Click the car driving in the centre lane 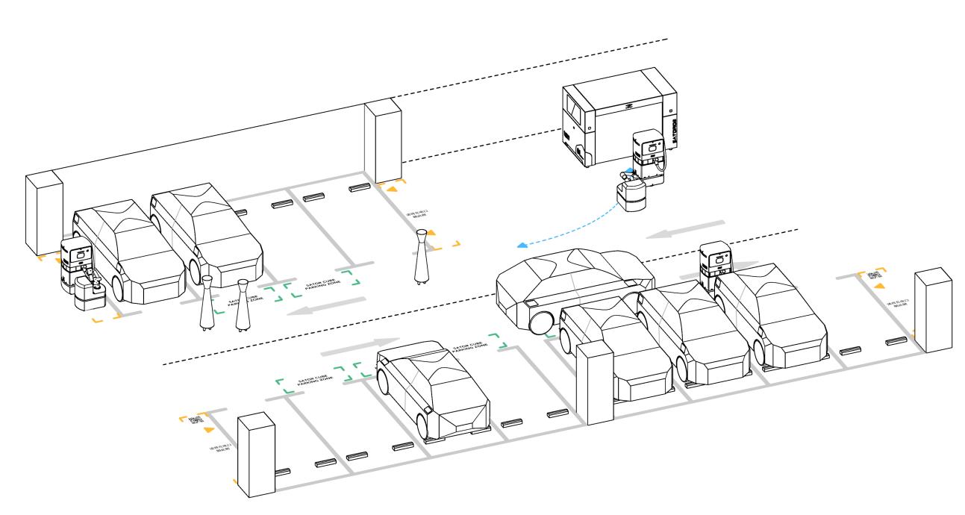575,284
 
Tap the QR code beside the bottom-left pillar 196,421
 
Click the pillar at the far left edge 42,213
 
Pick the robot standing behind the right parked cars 716,261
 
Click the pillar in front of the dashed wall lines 383,142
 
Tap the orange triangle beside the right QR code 881,285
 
